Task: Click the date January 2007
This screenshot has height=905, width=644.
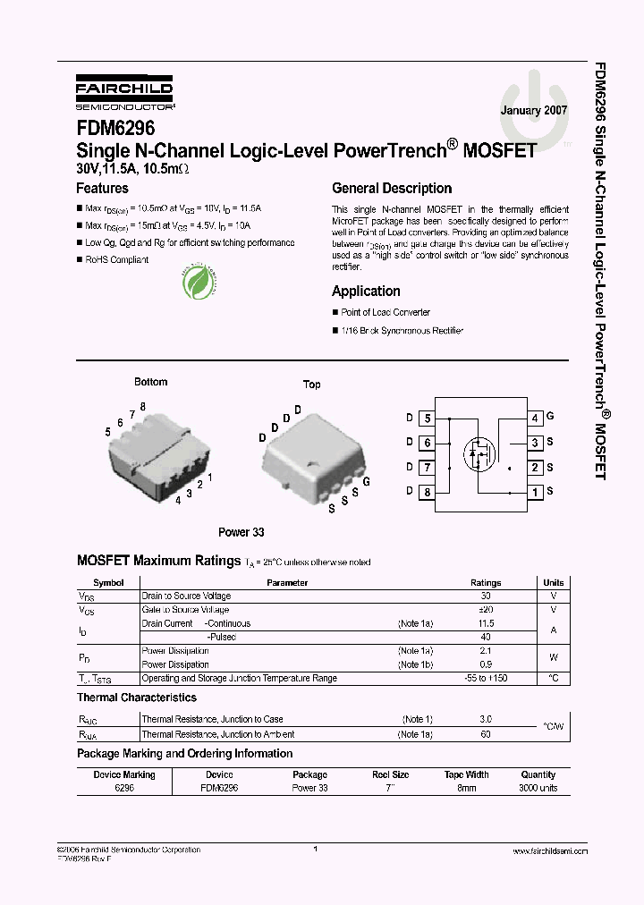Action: coord(533,111)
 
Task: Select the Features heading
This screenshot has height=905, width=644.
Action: coord(102,189)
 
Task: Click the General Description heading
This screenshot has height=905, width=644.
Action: coord(391,189)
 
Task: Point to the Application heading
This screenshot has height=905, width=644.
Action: coord(366,292)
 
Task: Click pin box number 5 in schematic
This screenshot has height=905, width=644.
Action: coord(427,418)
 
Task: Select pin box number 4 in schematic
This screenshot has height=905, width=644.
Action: coord(534,418)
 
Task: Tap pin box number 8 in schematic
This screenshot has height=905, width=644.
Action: coord(427,492)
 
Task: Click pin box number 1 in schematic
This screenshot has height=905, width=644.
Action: coord(534,492)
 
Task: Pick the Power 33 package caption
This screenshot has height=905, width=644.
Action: coord(241,532)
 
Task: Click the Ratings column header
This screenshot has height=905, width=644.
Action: coord(486,583)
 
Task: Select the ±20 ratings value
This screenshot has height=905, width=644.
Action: coord(486,609)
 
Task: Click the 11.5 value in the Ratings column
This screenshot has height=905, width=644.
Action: coord(486,623)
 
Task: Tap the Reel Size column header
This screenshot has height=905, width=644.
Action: coord(389,774)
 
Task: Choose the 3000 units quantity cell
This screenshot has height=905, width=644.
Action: coord(538,788)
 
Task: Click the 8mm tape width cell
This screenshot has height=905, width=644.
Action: coord(466,788)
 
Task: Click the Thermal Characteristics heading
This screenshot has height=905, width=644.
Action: coord(137,698)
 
